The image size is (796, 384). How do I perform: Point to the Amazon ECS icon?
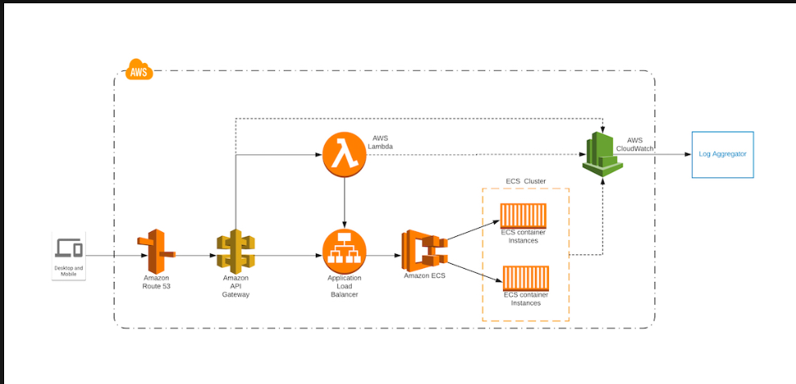pos(425,250)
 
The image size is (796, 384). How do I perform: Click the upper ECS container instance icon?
pos(524,216)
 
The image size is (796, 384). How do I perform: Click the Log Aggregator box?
pos(722,154)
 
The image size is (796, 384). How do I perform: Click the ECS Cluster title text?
pos(525,181)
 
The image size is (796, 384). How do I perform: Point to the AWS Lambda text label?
pos(382,142)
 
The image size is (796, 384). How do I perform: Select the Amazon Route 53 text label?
pos(155,283)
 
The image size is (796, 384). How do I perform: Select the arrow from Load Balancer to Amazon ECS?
pos(383,256)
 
